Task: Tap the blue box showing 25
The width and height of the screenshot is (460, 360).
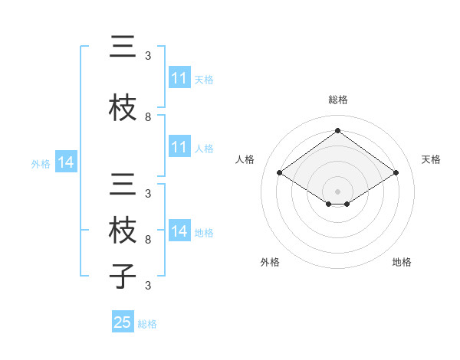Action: (x=123, y=322)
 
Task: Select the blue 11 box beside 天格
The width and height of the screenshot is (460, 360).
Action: (x=179, y=78)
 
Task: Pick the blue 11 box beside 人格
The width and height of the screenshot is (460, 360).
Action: (x=179, y=147)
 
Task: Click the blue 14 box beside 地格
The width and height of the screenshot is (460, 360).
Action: (x=179, y=231)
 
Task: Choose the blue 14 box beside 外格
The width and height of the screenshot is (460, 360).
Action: (x=66, y=162)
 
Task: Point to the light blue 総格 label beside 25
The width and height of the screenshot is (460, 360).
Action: (x=147, y=324)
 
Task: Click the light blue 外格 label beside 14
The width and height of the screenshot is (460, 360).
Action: (x=41, y=163)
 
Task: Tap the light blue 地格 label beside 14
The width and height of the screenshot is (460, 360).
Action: (x=204, y=232)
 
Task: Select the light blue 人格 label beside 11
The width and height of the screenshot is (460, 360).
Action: (x=204, y=148)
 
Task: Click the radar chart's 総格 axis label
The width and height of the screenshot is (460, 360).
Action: (x=337, y=100)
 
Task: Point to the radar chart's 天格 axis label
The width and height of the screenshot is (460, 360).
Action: (x=431, y=159)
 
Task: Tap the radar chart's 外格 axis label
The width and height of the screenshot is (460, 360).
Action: (x=270, y=262)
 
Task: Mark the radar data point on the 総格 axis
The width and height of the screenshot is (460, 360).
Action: (x=337, y=130)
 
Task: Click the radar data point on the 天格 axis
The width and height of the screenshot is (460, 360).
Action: (x=396, y=173)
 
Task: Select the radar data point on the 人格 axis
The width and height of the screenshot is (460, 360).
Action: (x=279, y=173)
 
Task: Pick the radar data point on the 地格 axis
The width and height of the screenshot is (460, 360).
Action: (x=347, y=204)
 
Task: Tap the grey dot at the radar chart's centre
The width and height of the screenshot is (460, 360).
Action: (x=337, y=190)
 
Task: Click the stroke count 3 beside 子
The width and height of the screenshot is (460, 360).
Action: (x=148, y=286)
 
